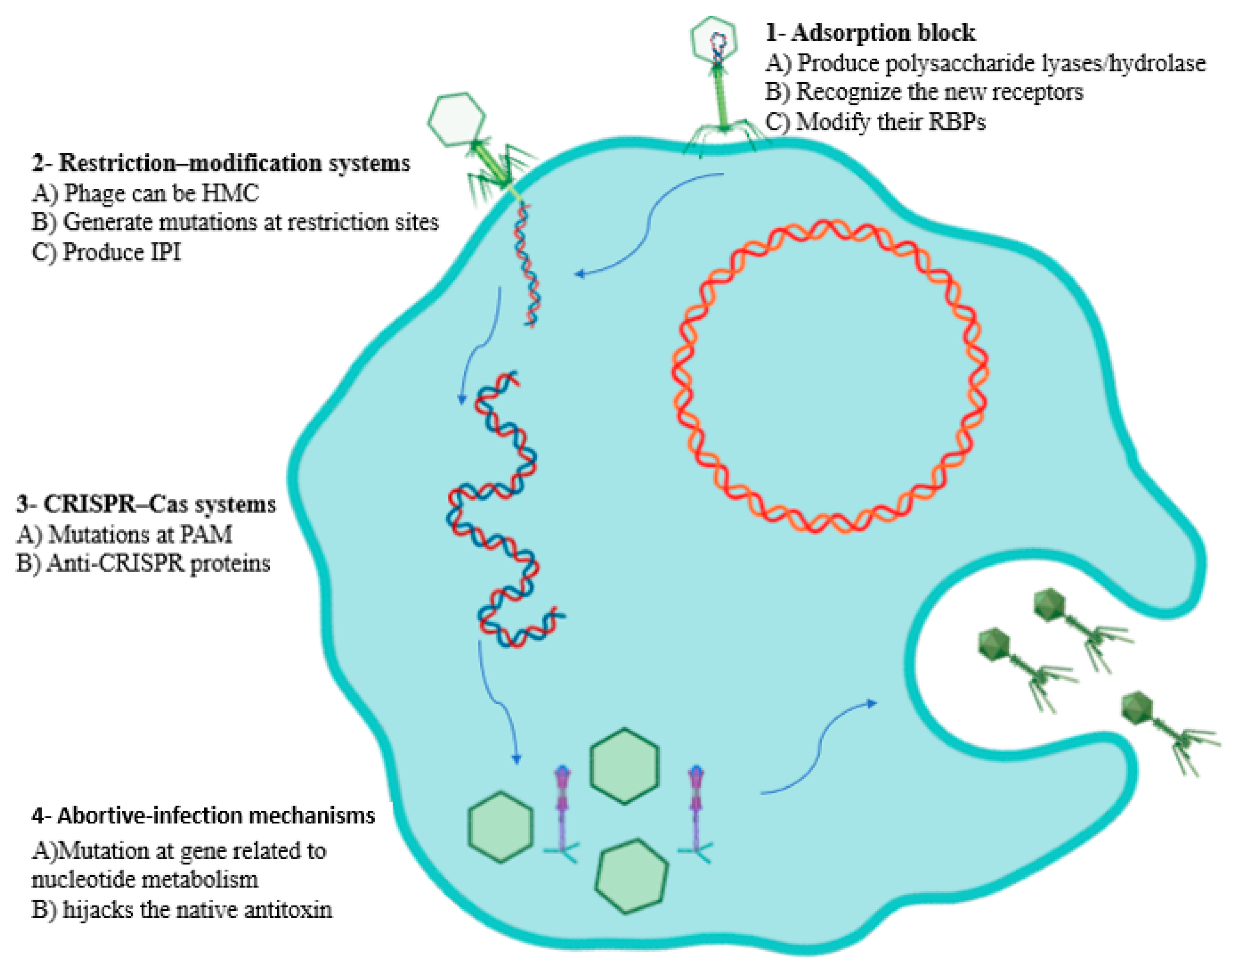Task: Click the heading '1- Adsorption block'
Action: [x=870, y=33]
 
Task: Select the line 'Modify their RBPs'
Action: [x=890, y=122]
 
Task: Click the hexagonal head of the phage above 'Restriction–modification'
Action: [x=456, y=120]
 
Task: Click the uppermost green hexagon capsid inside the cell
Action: [x=624, y=766]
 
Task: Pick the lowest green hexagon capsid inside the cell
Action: [x=632, y=876]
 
